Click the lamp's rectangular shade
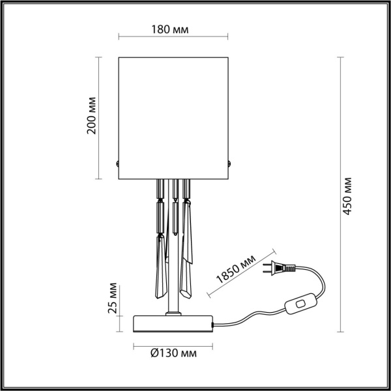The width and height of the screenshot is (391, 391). click(x=173, y=117)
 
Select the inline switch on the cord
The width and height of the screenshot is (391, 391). click(x=301, y=303)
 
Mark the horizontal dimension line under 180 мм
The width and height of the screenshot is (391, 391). click(x=173, y=38)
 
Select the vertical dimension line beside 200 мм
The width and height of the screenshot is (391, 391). click(x=100, y=117)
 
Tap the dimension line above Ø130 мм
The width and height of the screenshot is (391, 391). click(x=173, y=346)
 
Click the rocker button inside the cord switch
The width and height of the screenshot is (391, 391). click(x=301, y=303)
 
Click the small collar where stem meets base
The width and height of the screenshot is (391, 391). click(x=173, y=314)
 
